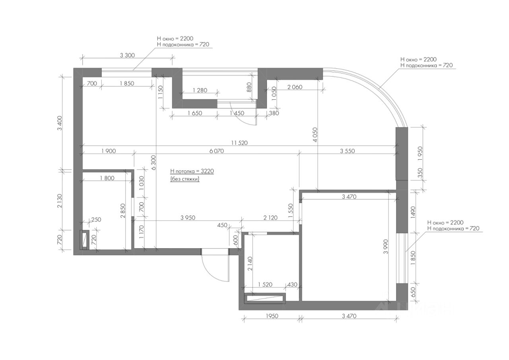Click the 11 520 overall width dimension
239,143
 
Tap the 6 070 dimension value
217,151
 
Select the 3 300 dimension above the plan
127,55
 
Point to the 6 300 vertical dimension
153,163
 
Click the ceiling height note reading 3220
192,171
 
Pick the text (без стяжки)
185,179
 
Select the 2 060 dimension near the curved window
295,87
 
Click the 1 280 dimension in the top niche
200,90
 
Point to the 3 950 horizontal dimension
188,218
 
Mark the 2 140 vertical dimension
250,264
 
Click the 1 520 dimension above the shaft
265,285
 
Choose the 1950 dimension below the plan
272,316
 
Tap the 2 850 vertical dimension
123,211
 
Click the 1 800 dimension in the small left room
107,178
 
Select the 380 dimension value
274,113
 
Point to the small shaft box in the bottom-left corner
84,240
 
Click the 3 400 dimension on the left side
60,123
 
